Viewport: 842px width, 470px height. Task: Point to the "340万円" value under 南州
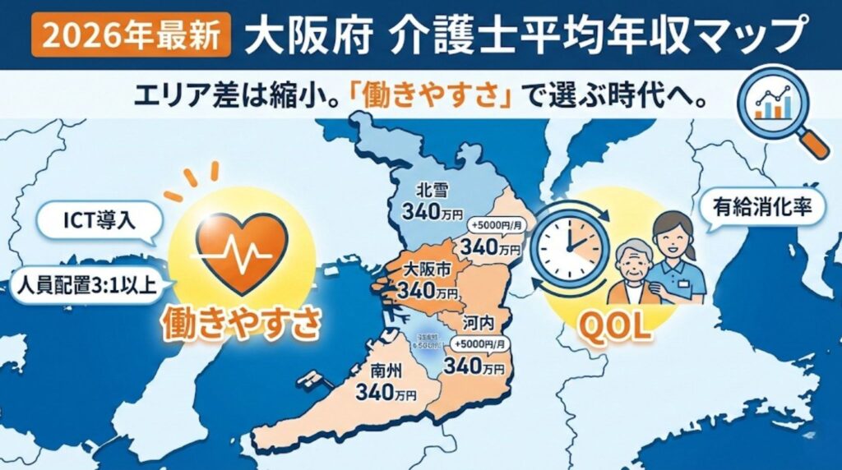tap(386, 393)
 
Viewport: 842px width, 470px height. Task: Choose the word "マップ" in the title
tap(753, 35)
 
